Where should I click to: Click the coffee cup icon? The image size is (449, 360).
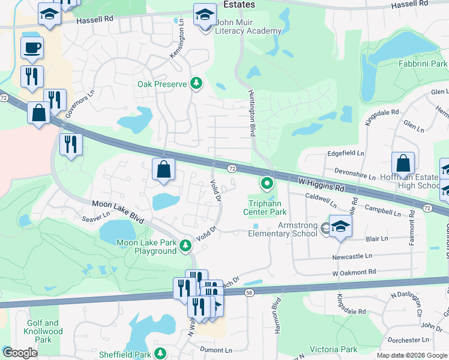[x=32, y=47]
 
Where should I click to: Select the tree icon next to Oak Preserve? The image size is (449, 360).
[x=196, y=84]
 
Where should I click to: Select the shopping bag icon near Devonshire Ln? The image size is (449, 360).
[x=403, y=163]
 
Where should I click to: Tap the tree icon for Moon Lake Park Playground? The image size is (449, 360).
[x=186, y=245]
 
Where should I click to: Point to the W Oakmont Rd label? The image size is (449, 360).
[x=354, y=272]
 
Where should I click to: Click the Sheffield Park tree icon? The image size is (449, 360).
[x=160, y=353]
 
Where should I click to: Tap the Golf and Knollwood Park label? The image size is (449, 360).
[x=43, y=331]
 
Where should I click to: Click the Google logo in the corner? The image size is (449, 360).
[x=19, y=353]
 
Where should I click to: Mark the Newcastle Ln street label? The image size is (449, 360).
[x=352, y=256]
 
